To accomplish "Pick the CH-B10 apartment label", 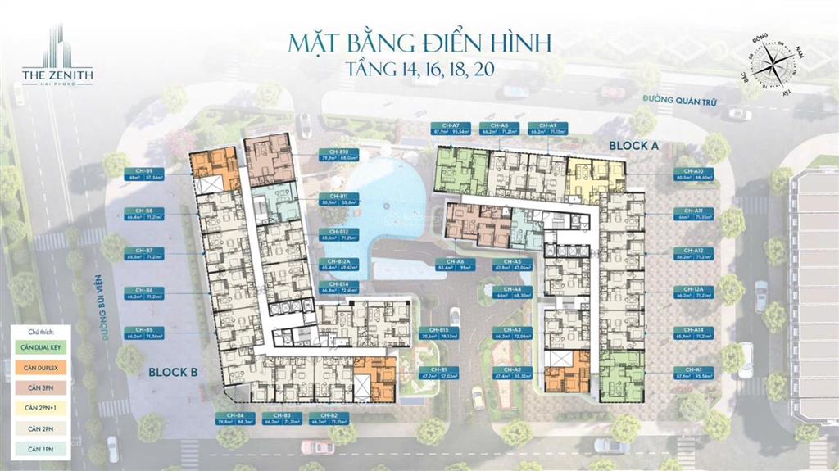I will click(x=338, y=154).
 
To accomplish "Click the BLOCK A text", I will click(x=634, y=144).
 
